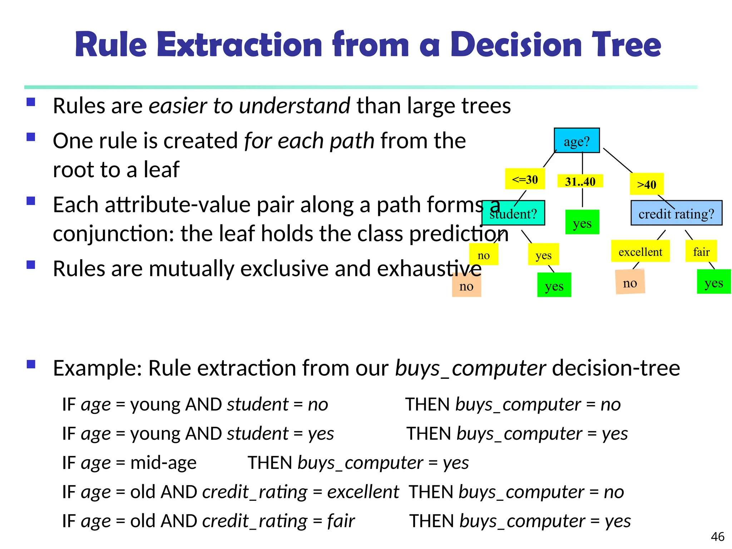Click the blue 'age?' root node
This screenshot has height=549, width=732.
577,140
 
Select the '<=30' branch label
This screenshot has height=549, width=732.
525,179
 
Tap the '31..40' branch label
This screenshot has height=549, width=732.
580,181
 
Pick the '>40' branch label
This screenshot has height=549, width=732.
647,184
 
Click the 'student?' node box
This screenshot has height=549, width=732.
513,213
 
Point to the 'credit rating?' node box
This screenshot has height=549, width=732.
676,213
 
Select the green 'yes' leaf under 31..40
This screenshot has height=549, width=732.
582,223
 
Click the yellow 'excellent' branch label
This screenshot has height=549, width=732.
640,252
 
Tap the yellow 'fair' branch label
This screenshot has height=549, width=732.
701,252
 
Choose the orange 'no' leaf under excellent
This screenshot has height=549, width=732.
630,283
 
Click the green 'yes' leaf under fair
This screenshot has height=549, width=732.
714,282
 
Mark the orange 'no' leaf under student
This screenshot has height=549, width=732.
466,286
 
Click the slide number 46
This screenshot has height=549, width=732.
717,536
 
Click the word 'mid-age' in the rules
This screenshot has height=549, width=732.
163,463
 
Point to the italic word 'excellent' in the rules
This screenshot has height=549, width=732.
363,492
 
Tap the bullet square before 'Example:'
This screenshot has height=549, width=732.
31,364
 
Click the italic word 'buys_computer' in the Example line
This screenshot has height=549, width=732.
470,368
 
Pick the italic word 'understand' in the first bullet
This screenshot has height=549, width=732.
294,106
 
